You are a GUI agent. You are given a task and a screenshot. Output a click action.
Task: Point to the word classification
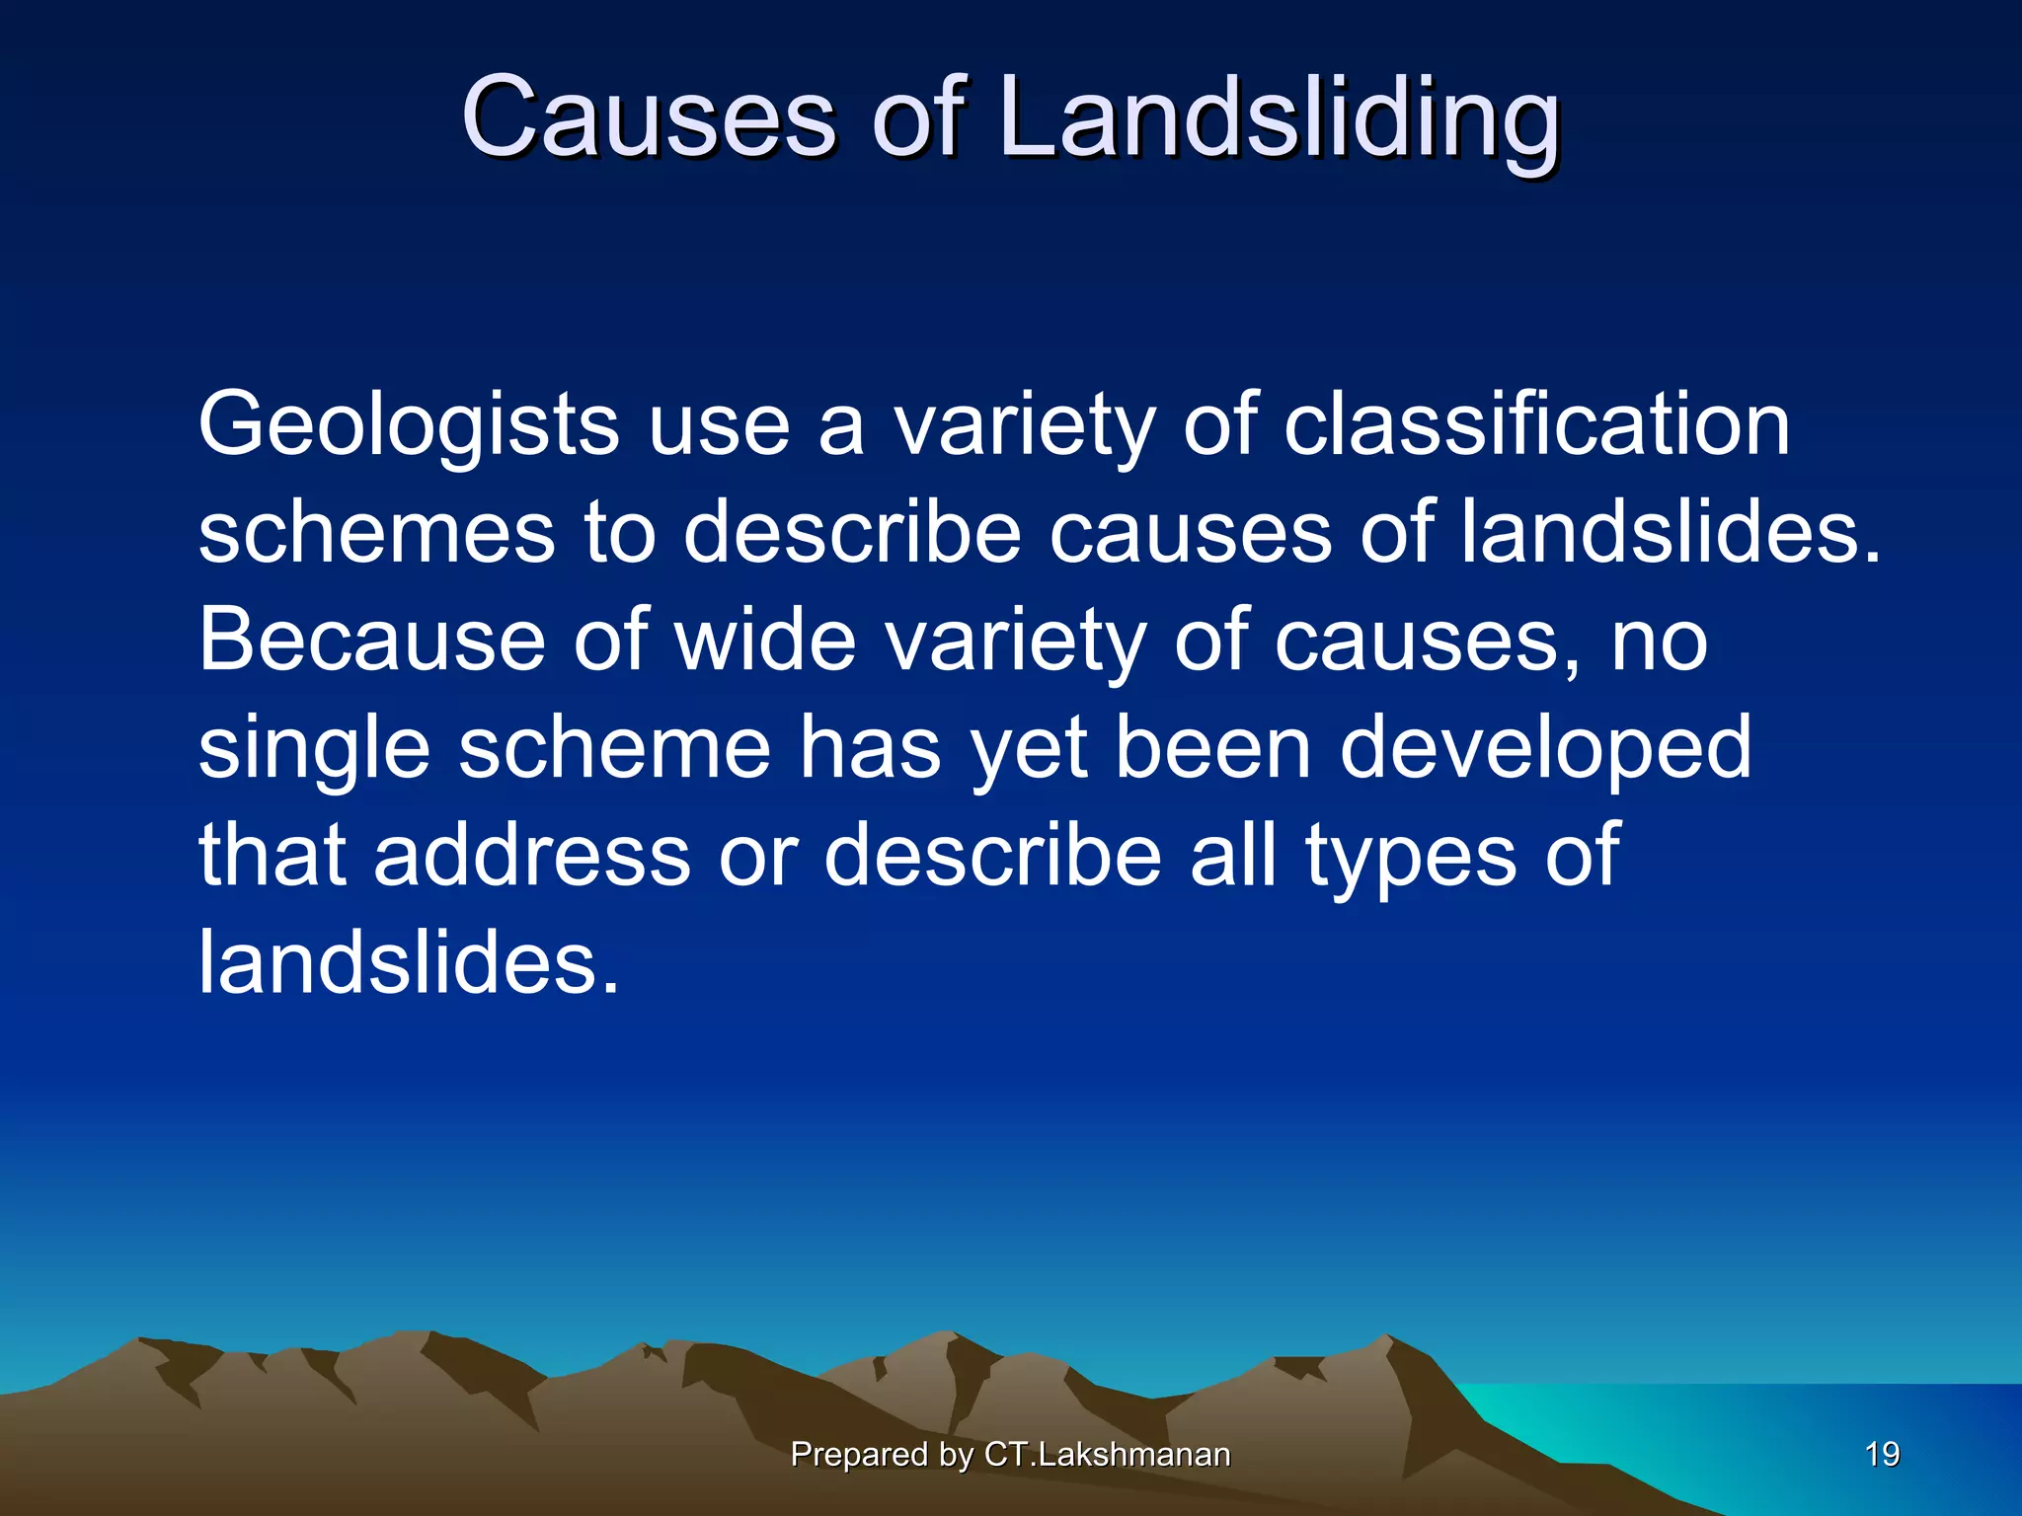click(x=1536, y=424)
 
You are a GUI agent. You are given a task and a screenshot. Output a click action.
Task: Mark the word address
click(x=532, y=855)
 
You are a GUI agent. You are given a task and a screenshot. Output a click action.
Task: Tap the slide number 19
click(x=1882, y=1455)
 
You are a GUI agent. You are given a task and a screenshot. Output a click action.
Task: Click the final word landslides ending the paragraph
click(x=409, y=961)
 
